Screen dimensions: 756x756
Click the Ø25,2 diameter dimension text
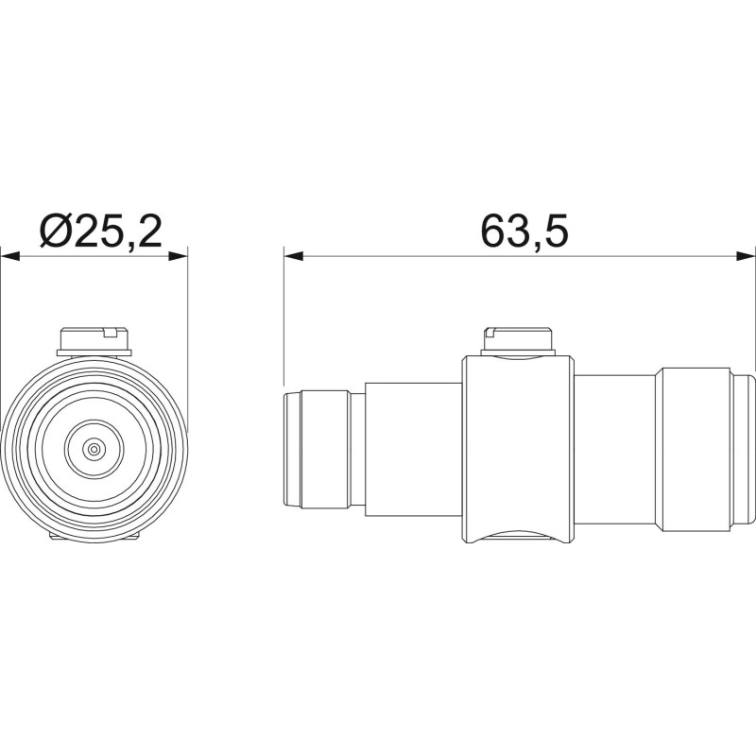(x=100, y=231)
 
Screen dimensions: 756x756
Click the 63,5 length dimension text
(x=524, y=231)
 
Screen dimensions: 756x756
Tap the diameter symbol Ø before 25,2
(x=57, y=231)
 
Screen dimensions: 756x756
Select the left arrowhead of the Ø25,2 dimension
(x=10, y=256)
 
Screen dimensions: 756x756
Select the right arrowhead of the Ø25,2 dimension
(x=178, y=256)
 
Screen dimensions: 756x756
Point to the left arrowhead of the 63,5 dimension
(x=294, y=256)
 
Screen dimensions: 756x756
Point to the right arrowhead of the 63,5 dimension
(x=746, y=256)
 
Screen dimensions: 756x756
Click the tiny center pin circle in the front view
(x=94, y=450)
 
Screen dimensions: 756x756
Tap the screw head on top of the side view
(x=518, y=341)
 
